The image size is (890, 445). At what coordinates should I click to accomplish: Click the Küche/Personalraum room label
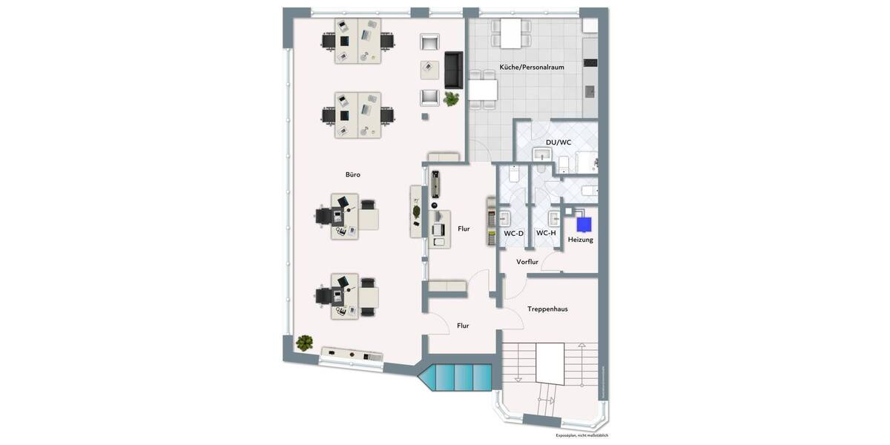532,67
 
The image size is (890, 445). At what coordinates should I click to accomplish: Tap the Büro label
353,175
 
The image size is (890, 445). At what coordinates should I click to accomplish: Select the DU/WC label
558,142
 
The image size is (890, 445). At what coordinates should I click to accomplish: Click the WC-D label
514,234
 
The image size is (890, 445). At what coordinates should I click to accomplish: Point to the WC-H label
546,233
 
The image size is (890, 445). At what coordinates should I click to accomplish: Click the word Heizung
581,240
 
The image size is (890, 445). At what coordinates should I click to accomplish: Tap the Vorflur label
527,262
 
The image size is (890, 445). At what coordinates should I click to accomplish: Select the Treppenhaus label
547,309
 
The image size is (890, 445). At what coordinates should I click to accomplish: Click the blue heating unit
584,224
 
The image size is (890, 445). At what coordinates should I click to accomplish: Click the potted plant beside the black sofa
451,99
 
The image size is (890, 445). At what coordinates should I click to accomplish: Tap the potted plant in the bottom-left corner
304,343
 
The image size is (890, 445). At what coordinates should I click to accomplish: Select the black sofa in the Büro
453,70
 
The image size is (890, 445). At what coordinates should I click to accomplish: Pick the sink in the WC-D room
505,219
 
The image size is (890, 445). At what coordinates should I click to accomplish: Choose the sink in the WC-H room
553,219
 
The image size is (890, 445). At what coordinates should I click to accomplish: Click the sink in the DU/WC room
541,154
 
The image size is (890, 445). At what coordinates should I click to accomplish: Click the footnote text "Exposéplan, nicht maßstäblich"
581,435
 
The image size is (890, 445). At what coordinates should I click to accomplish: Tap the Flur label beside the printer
464,229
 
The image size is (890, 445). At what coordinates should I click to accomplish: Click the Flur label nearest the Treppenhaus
463,326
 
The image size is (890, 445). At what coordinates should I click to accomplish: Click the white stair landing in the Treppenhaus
550,363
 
